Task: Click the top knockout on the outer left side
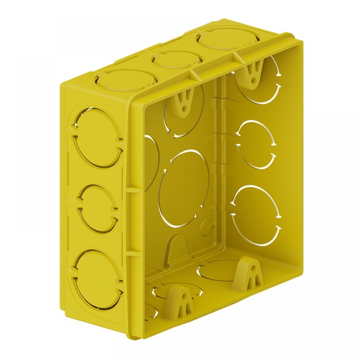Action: pos(96,138)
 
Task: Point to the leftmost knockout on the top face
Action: pos(125,80)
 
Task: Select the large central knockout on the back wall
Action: pos(184,189)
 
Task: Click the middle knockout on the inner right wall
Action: pos(256,144)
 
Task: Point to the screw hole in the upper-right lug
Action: pos(255,77)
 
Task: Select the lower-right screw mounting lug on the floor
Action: pos(248,274)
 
